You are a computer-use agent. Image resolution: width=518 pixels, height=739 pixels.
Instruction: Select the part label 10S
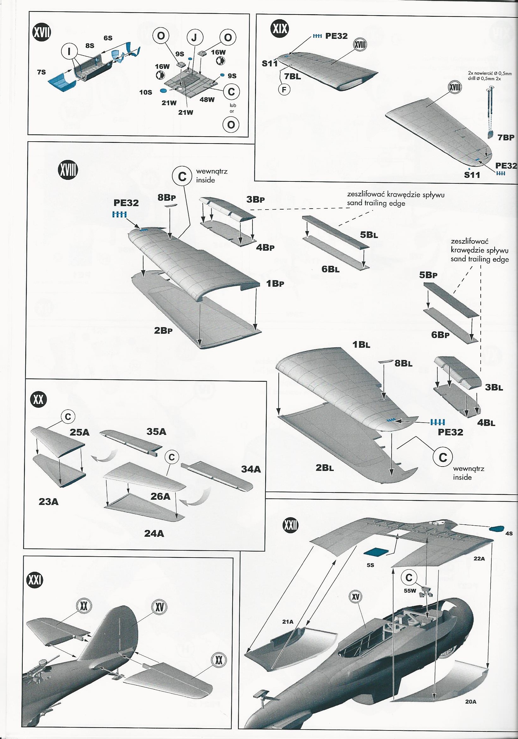145,92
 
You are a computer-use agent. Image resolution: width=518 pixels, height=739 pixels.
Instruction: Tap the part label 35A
156,432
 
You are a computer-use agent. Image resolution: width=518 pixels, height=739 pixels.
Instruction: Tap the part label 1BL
361,345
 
